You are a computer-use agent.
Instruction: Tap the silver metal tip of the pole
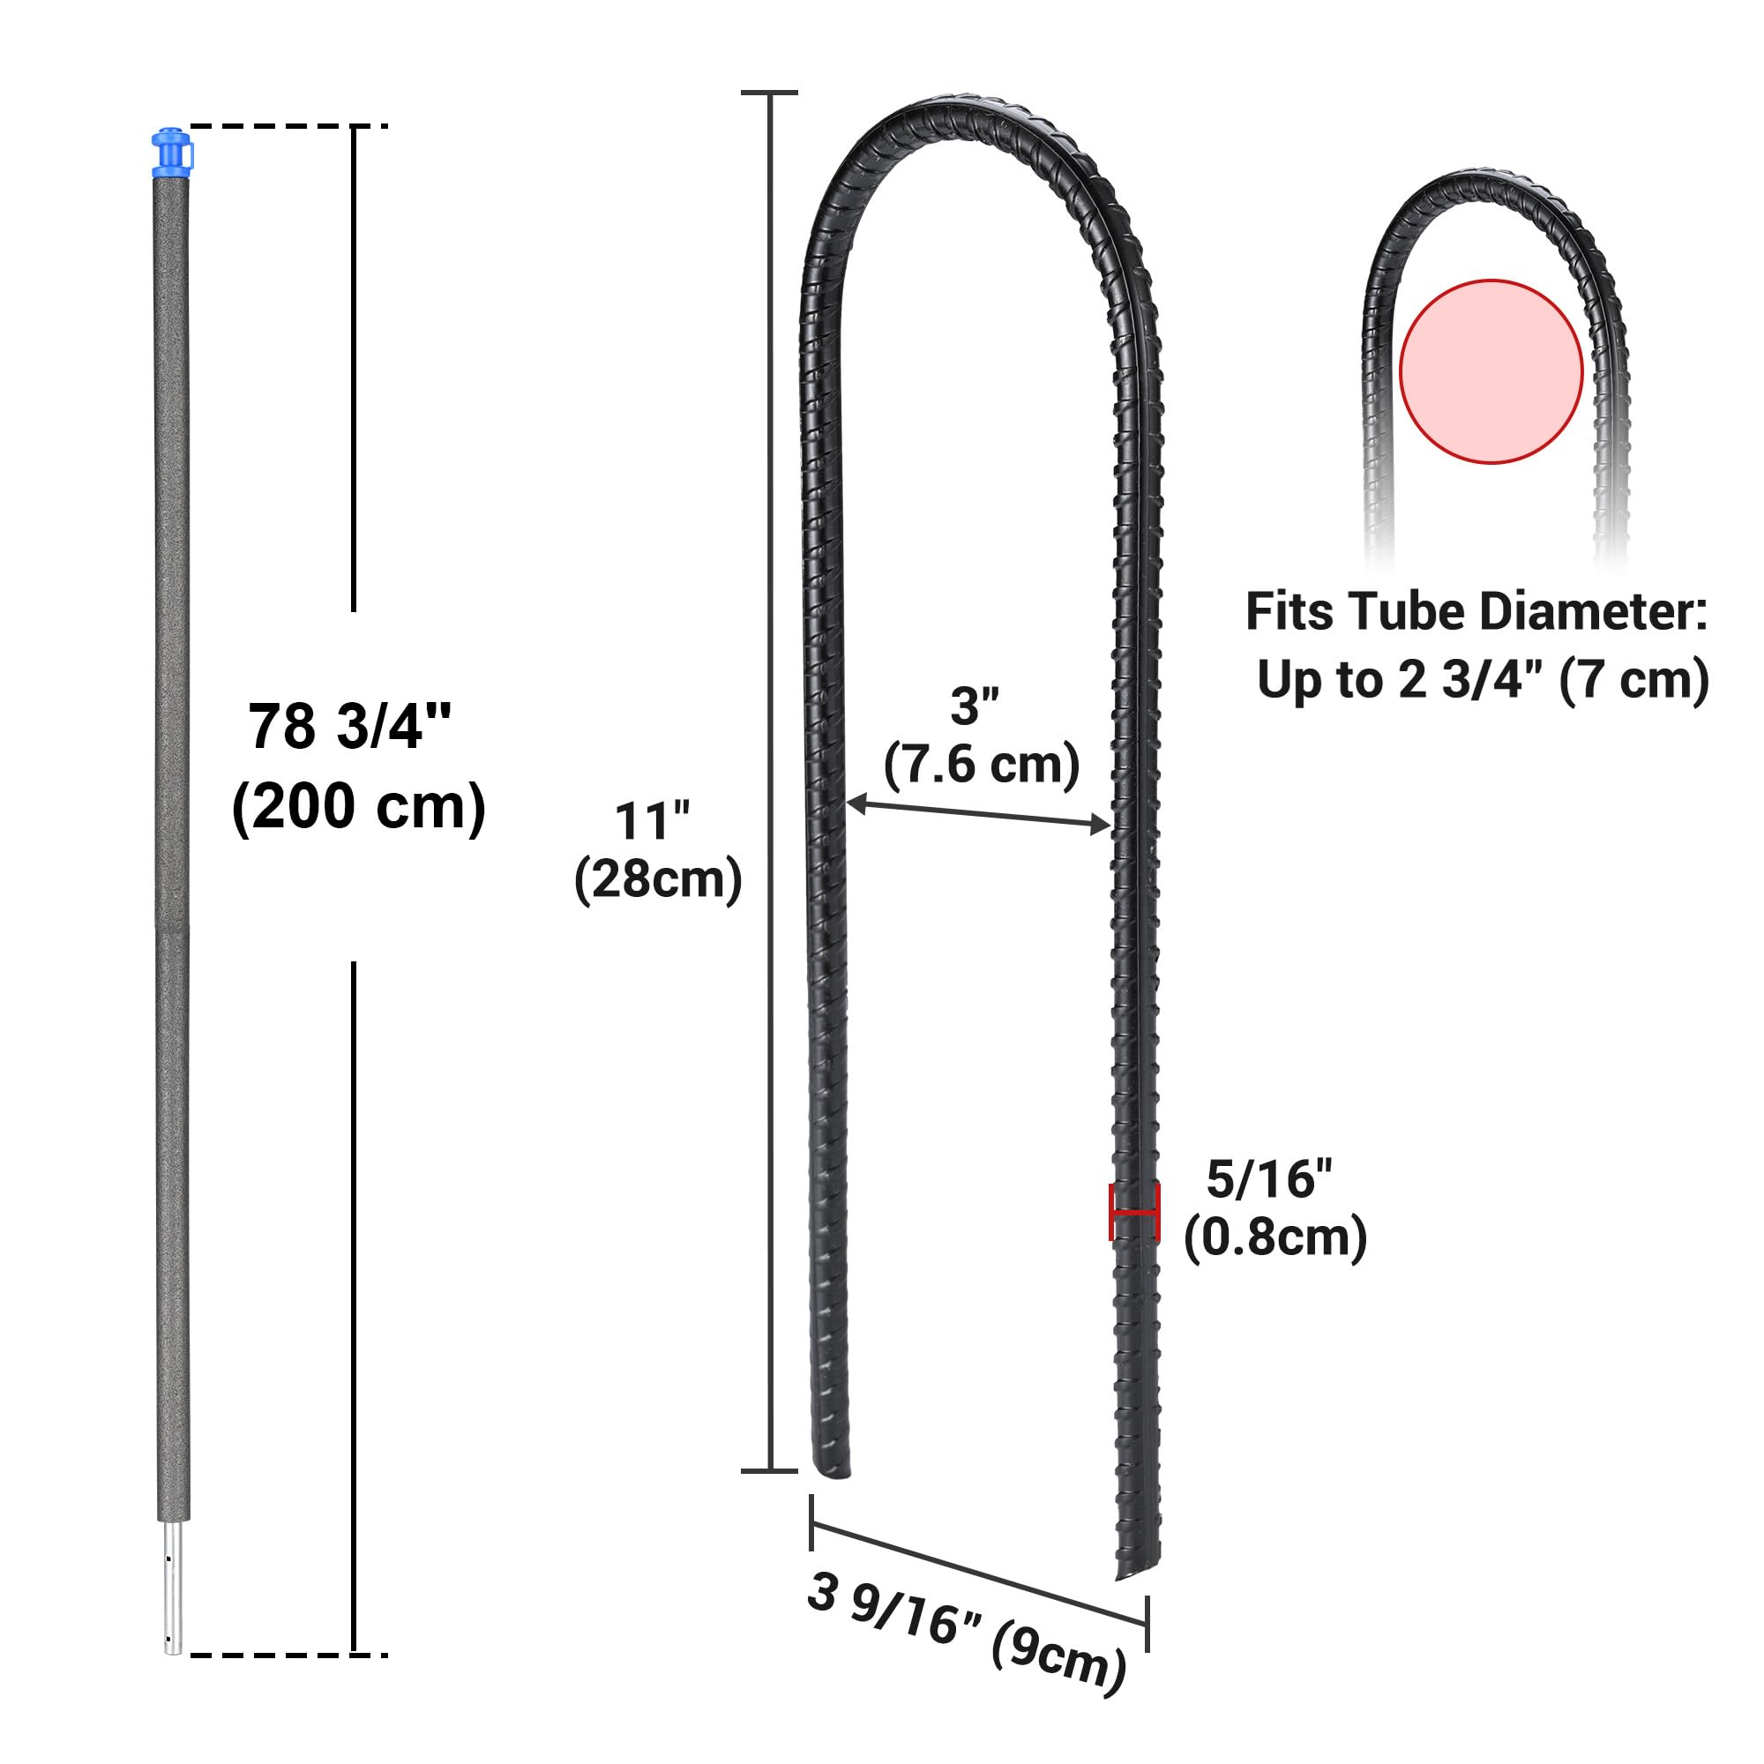click(173, 1599)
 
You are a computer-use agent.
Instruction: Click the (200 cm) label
click(359, 807)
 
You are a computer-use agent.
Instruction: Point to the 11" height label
click(652, 821)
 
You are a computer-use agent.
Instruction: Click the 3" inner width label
click(975, 706)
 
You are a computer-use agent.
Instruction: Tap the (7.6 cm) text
click(982, 764)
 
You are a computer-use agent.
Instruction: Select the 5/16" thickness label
click(1269, 1179)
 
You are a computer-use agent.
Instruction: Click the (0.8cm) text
click(1275, 1238)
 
